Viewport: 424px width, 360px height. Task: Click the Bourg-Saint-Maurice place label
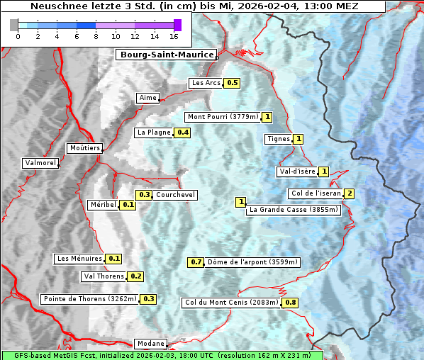[157, 55]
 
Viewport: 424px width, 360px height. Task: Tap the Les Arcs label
[206, 83]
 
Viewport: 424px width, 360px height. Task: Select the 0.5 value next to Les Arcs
[232, 83]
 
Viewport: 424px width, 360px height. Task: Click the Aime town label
[148, 98]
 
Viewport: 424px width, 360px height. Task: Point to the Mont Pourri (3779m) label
[223, 117]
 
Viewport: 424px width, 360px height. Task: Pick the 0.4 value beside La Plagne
[183, 133]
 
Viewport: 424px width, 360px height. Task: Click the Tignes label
[278, 139]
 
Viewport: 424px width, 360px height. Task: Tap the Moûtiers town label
[84, 148]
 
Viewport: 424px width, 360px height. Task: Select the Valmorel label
[40, 163]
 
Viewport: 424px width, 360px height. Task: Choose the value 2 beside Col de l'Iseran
[349, 193]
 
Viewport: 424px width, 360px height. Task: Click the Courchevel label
[175, 195]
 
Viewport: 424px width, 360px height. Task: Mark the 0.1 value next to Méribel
[128, 205]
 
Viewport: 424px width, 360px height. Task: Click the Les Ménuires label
[79, 259]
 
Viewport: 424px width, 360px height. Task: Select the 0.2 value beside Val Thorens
[135, 276]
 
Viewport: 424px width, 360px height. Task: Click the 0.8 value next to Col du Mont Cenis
[290, 303]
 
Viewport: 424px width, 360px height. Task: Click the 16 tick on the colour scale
[174, 36]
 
